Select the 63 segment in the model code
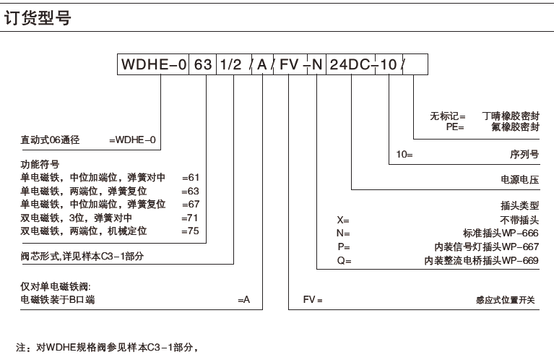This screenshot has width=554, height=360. click(x=204, y=64)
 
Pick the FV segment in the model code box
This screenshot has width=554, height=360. click(x=290, y=64)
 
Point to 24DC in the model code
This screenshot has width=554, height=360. click(x=350, y=64)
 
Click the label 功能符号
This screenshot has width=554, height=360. click(x=40, y=164)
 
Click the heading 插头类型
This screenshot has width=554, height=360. click(x=520, y=205)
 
